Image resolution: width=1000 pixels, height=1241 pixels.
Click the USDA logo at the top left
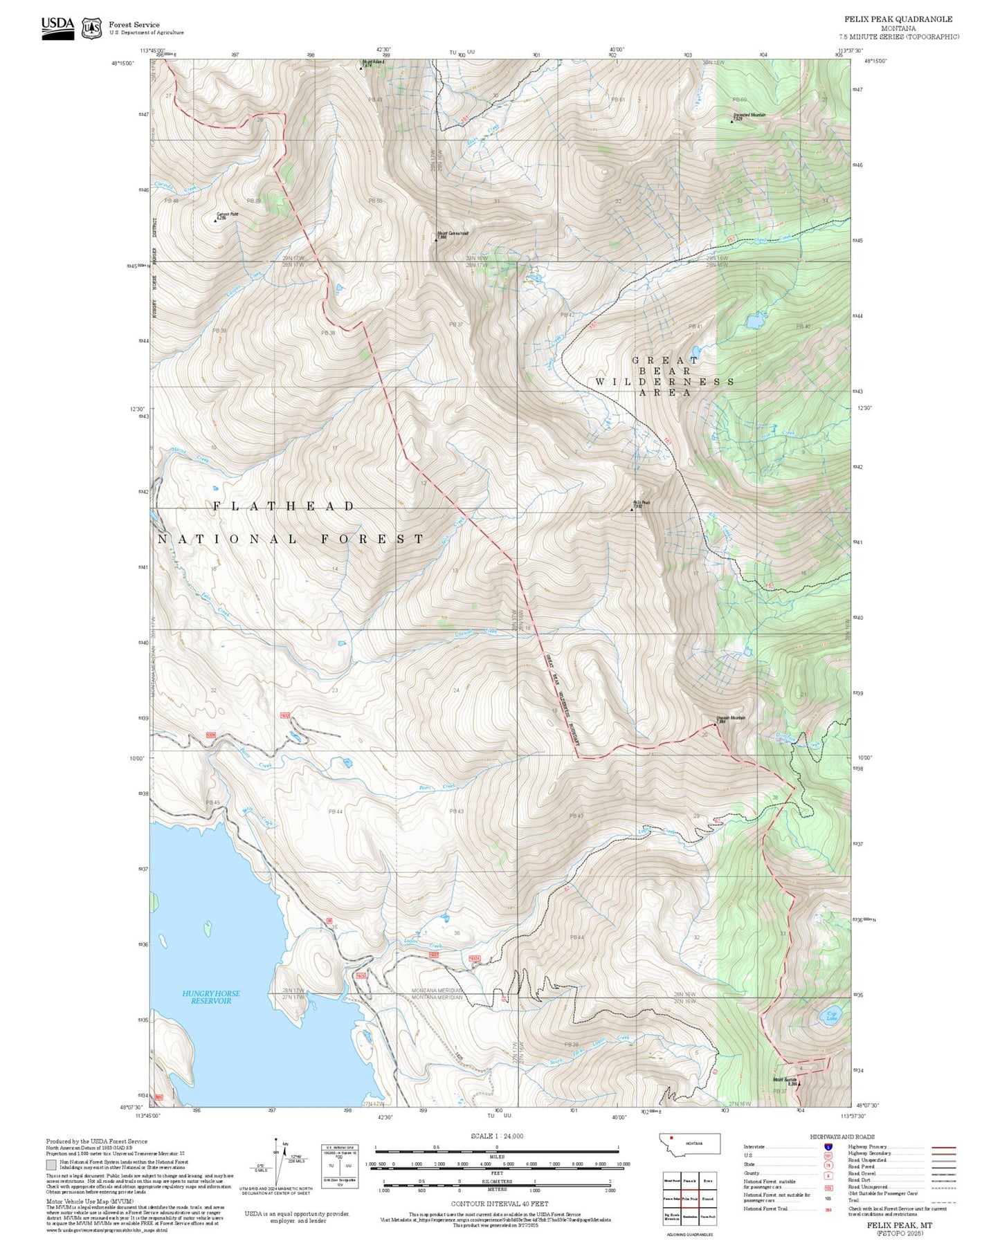coord(57,28)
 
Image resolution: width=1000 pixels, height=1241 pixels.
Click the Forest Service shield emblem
coord(91,28)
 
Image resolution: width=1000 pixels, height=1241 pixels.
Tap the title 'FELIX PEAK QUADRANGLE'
coord(898,19)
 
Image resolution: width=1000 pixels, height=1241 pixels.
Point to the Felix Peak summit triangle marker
coord(633,508)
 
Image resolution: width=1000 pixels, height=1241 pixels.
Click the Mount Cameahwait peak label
coord(453,234)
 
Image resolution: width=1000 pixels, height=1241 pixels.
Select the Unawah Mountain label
coord(731,718)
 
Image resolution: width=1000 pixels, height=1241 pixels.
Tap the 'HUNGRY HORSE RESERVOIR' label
coord(211,997)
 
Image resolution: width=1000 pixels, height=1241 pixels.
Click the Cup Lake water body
coord(831,1016)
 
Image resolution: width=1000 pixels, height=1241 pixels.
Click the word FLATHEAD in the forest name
coord(284,506)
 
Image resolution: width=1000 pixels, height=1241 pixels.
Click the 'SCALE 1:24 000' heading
coord(497,1136)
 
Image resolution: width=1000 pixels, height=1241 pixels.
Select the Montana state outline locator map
coord(689,1143)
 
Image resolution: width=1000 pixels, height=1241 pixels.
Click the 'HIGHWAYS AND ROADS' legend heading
coord(842,1137)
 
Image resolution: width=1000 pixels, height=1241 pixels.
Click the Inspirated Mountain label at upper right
coord(749,116)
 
